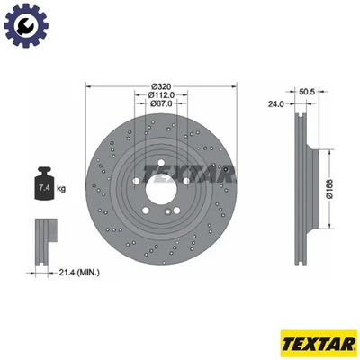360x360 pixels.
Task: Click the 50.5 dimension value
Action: (305, 92)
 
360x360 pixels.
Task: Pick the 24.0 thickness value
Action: (275, 103)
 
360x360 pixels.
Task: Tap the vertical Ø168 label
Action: (334, 190)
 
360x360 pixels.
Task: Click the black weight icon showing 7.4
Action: (44, 185)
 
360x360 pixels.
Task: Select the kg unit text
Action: (61, 189)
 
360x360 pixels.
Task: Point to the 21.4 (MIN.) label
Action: (80, 273)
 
